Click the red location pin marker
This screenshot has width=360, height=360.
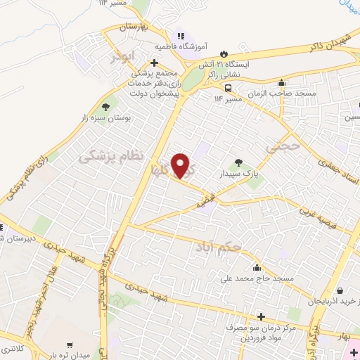click(x=181, y=165)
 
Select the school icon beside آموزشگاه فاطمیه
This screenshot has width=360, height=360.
click(x=181, y=35)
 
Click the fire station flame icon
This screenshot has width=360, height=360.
click(x=224, y=53)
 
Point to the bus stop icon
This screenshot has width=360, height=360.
click(x=228, y=87)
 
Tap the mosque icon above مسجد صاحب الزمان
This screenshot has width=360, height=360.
click(x=282, y=82)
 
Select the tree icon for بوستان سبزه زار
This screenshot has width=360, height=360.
click(x=105, y=107)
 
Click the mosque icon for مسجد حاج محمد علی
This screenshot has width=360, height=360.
click(x=257, y=267)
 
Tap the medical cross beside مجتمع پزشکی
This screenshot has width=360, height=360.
click(x=154, y=63)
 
